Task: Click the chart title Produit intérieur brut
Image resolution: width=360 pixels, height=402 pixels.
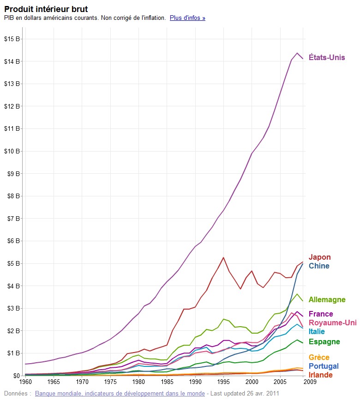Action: (x=46, y=9)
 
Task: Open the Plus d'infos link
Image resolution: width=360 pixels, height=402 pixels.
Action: (x=187, y=18)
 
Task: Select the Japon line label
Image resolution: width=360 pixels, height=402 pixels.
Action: (x=319, y=257)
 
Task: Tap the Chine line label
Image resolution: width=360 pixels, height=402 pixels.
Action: (x=319, y=266)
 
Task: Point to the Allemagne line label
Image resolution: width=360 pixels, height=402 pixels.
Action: (x=327, y=300)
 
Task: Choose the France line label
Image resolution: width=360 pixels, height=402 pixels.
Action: (x=321, y=314)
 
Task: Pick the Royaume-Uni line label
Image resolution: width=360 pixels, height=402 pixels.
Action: (x=332, y=323)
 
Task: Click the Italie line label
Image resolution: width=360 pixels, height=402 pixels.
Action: (x=317, y=331)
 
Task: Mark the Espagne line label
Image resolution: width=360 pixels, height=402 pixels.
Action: (x=324, y=342)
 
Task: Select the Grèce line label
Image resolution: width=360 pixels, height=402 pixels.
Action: (x=319, y=357)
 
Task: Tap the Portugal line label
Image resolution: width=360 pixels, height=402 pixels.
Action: (x=323, y=366)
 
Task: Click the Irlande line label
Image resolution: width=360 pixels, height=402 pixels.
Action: (x=320, y=375)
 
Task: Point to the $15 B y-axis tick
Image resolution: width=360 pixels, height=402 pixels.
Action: (x=12, y=39)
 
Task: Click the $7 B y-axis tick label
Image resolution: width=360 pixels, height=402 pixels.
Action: (x=12, y=218)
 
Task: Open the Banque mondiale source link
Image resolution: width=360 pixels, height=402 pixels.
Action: (x=120, y=394)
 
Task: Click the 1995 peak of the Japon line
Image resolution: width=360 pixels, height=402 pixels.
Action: (x=223, y=257)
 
